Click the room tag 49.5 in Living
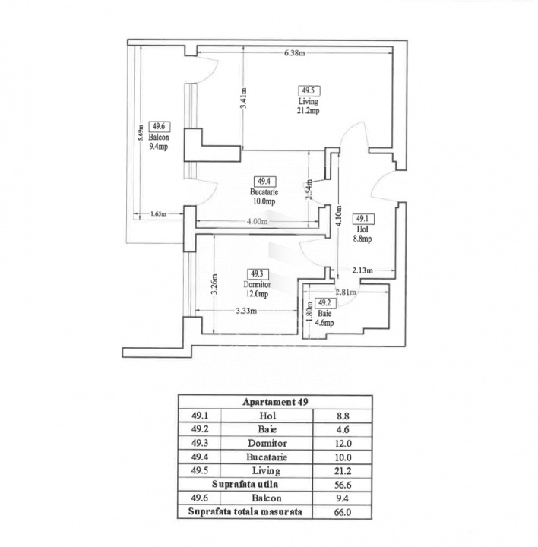click(309, 90)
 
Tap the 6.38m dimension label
click(294, 53)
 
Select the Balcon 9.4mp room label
click(159, 142)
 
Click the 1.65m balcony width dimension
click(158, 214)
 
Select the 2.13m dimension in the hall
click(362, 270)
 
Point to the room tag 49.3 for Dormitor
click(256, 273)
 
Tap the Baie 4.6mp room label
click(325, 318)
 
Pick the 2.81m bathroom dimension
click(347, 290)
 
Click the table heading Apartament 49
click(275, 402)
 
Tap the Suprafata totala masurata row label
click(245, 511)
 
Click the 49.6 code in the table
click(200, 498)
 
